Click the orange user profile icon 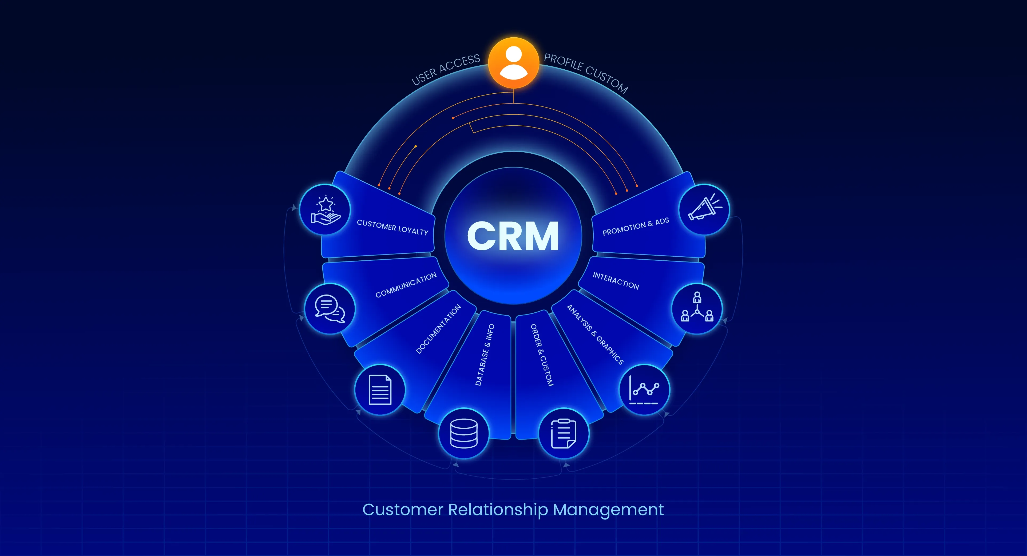pos(513,63)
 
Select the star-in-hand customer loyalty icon pos(325,210)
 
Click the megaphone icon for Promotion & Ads pos(704,209)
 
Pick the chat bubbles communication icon pos(330,308)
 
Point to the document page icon pos(379,390)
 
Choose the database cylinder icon pos(463,433)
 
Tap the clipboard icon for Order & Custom pos(563,433)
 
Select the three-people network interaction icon pos(697,308)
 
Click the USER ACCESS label pos(446,70)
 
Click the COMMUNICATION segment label pos(406,285)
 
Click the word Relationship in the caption pos(498,510)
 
